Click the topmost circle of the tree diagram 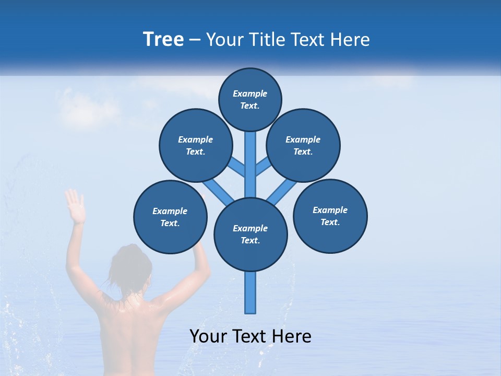click(x=250, y=99)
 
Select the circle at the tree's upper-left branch click(x=196, y=145)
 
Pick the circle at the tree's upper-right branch click(x=303, y=145)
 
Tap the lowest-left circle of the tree click(x=170, y=217)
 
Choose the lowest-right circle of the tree click(x=330, y=216)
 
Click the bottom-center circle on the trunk click(x=250, y=234)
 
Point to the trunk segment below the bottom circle click(x=250, y=292)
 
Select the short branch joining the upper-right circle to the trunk click(x=263, y=167)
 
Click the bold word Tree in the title click(x=163, y=39)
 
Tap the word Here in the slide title click(x=350, y=40)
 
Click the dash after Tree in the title click(x=195, y=40)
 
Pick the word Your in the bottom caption click(x=208, y=336)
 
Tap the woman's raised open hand click(x=75, y=206)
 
